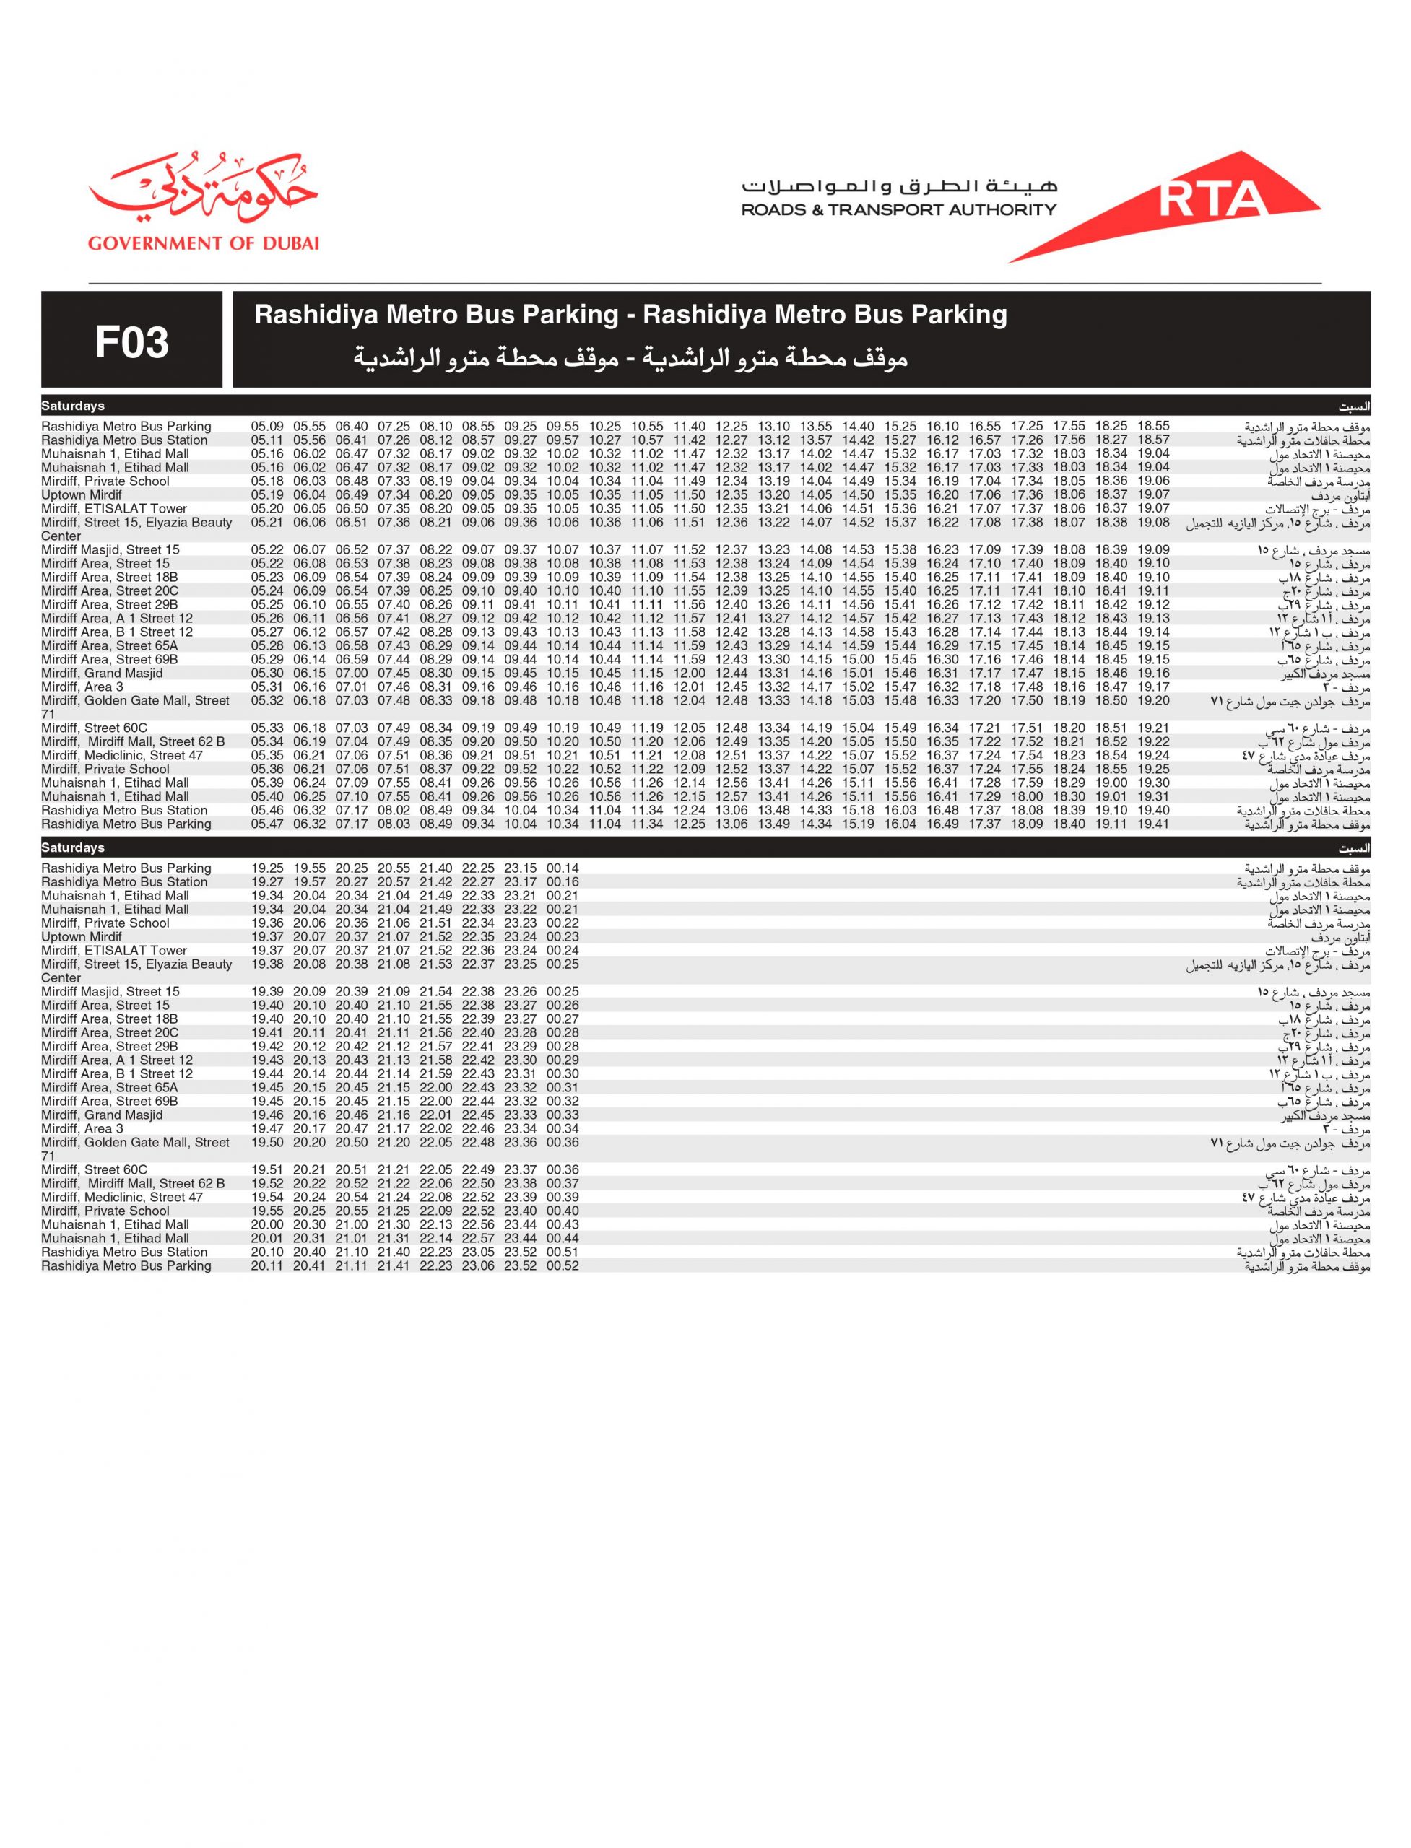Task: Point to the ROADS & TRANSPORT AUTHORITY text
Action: tap(899, 210)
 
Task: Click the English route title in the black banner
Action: tap(630, 315)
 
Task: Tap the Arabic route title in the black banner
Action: tap(630, 359)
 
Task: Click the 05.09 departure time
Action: tap(267, 427)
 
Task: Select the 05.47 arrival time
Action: tap(267, 824)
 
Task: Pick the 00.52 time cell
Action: tap(563, 1265)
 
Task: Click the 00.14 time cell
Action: tap(563, 868)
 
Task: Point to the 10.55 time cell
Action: tap(647, 427)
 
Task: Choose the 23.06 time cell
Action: tap(478, 1265)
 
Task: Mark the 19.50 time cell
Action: tap(267, 1142)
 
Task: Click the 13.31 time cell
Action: tap(773, 674)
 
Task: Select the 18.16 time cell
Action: tap(1069, 687)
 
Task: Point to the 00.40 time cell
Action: tap(563, 1211)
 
